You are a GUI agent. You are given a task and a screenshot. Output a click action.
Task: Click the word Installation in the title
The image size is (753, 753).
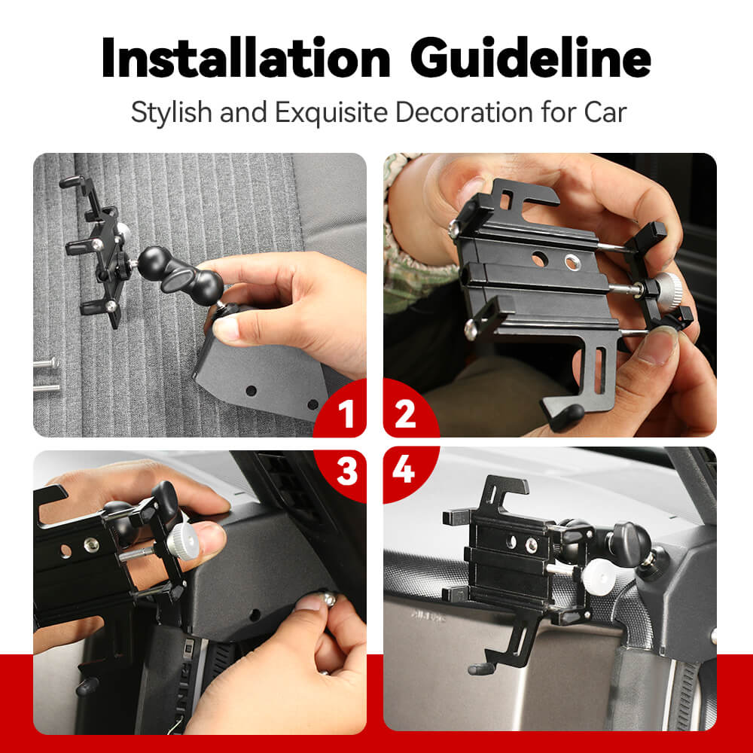coord(246,57)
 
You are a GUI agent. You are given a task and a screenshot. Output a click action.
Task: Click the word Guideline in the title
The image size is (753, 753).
coord(531,57)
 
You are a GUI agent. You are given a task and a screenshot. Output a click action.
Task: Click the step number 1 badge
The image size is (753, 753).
coord(346,413)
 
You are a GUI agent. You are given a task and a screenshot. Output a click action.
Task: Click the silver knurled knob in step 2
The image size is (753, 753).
coord(667,291)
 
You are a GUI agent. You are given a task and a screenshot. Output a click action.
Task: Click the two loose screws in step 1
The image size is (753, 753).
coord(47,374)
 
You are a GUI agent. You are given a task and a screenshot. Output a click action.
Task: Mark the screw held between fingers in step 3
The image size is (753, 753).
coord(328,598)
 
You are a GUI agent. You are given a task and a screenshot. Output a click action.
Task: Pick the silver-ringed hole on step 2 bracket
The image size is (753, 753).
coord(572,262)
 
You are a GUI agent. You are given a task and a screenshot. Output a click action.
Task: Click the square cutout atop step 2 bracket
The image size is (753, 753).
coord(506,200)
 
